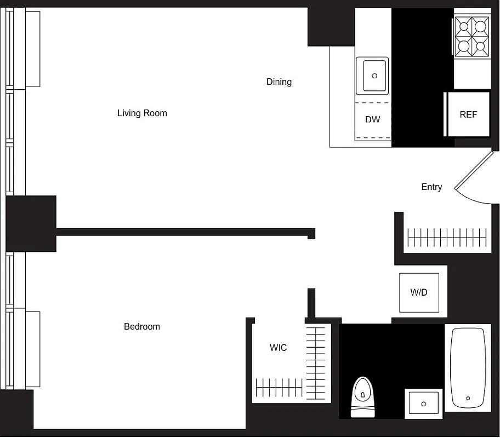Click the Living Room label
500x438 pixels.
click(x=142, y=113)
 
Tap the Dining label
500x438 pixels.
click(x=279, y=82)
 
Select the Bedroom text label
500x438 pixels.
click(x=142, y=327)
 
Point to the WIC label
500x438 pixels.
click(x=278, y=348)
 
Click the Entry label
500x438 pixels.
click(x=431, y=187)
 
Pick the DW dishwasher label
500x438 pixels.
click(x=372, y=119)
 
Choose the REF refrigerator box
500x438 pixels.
click(x=468, y=115)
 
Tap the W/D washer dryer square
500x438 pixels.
click(x=419, y=292)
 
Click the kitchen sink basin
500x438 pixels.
click(x=375, y=76)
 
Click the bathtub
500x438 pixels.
click(x=468, y=367)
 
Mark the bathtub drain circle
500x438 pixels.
click(x=468, y=399)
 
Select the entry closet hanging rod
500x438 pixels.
click(x=446, y=237)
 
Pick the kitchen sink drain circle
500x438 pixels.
click(x=376, y=76)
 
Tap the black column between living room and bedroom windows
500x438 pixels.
click(x=31, y=223)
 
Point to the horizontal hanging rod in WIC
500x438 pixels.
click(x=279, y=388)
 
